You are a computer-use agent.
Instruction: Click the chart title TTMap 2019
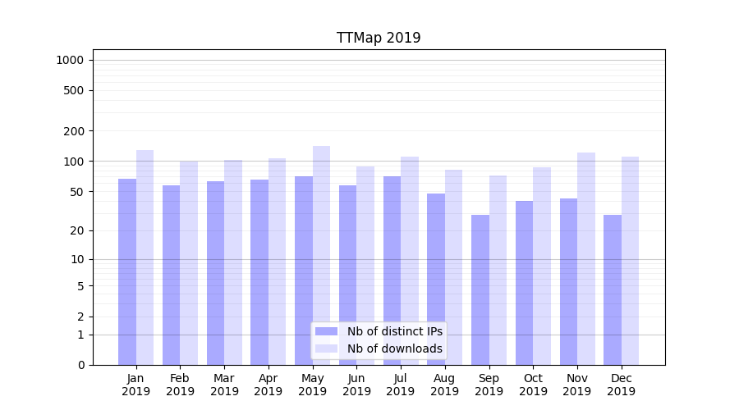coord(379,38)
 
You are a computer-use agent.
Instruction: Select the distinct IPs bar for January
coord(127,271)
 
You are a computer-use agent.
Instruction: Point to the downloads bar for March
coord(233,262)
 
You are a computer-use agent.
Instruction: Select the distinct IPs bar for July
coord(392,270)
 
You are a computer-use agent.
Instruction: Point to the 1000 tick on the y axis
coord(70,60)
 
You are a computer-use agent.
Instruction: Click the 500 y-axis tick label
coord(73,90)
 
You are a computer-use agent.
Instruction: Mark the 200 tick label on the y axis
coord(73,131)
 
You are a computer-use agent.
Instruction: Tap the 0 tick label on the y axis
coord(80,365)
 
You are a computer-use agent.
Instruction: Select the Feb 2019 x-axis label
coord(180,385)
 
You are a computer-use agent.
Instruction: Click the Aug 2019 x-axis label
coord(445,385)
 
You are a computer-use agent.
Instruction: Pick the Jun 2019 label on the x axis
coord(356,385)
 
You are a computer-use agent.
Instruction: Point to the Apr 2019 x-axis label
coord(269,385)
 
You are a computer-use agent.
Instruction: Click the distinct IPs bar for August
coord(436,279)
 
